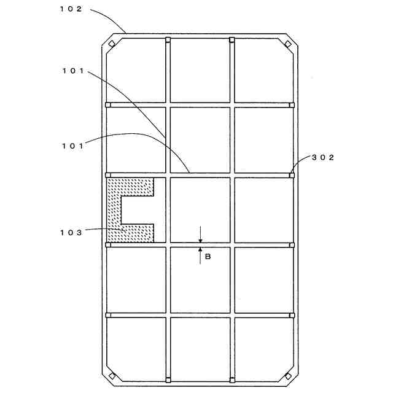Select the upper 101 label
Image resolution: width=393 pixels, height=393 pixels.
[74, 71]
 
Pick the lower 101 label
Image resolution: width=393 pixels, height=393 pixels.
[74, 146]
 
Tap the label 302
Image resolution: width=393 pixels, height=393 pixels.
[322, 157]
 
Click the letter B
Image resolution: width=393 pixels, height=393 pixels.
[208, 257]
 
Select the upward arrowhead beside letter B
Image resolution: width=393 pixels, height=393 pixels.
[200, 249]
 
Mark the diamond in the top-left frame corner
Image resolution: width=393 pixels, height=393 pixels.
[112, 44]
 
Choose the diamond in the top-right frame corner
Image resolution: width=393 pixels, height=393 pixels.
[287, 44]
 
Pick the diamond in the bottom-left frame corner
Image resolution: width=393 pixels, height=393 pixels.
[112, 376]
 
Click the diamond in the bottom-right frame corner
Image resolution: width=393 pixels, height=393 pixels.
[287, 376]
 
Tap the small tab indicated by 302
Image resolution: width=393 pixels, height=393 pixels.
[291, 175]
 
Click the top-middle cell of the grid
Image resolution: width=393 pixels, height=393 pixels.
[200, 70]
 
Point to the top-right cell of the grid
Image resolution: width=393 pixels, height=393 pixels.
[262, 70]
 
